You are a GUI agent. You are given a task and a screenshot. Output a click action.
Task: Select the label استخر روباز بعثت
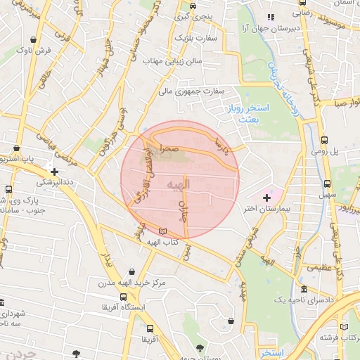pos(243,115)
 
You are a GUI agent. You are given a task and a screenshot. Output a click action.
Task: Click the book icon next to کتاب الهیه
pos(163,231)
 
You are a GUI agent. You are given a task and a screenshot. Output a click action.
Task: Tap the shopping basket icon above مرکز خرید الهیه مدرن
pos(131,271)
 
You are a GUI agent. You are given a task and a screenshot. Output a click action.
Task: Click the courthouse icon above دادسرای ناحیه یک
pos(303,290)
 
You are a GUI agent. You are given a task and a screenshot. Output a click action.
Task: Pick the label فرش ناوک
pos(34,51)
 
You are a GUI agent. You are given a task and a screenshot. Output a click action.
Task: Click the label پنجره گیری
pos(192,15)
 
